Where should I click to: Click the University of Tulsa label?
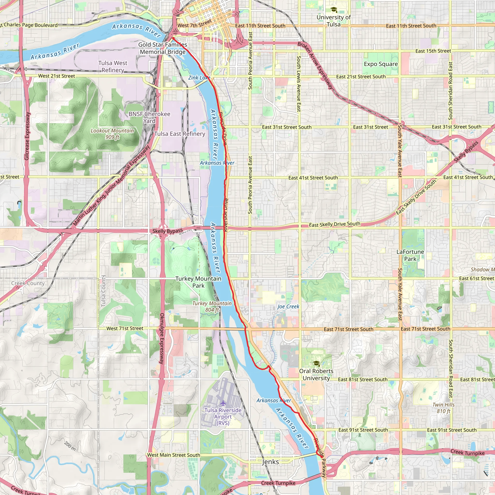(x=334, y=21)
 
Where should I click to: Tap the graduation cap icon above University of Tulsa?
(x=334, y=10)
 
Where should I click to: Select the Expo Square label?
(x=381, y=64)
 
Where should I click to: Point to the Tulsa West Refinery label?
(x=113, y=67)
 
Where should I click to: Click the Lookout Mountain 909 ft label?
(x=112, y=134)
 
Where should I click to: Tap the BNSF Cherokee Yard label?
(x=149, y=117)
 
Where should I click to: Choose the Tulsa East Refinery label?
(x=180, y=134)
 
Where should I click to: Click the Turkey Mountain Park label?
(x=198, y=282)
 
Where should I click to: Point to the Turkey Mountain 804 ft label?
(x=212, y=306)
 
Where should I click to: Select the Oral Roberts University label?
(x=316, y=375)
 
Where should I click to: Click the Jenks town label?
(x=270, y=462)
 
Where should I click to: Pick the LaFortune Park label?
(x=410, y=255)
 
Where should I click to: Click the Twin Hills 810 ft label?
(x=444, y=408)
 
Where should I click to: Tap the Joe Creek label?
(x=288, y=306)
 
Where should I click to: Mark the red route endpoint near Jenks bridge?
(x=321, y=456)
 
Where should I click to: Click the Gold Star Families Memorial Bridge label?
(x=163, y=48)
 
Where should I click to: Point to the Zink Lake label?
(x=199, y=78)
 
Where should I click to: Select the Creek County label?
(x=28, y=283)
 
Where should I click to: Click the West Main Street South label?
(x=174, y=455)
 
